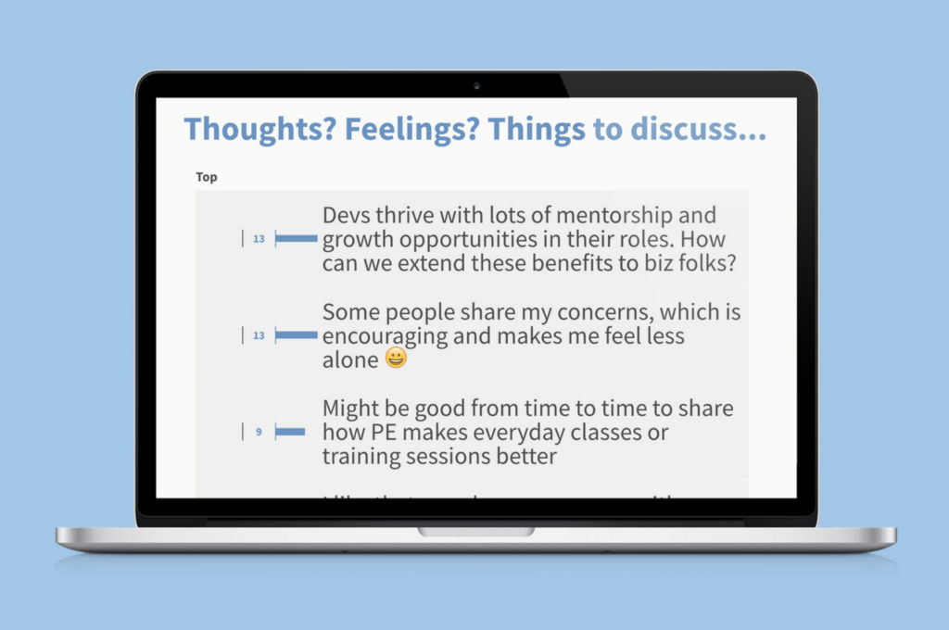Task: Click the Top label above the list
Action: [207, 177]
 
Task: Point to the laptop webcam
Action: [476, 85]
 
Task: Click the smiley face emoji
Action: [396, 359]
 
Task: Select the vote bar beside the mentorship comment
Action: [297, 239]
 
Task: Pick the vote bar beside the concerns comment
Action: [297, 335]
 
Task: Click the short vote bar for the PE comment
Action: [290, 432]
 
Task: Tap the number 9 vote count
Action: [259, 432]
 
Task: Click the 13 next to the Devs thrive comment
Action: [259, 239]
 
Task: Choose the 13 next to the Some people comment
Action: [259, 335]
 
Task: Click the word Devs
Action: [348, 216]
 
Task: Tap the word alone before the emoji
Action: [350, 360]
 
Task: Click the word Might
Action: [350, 409]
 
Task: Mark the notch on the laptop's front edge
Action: [475, 532]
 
